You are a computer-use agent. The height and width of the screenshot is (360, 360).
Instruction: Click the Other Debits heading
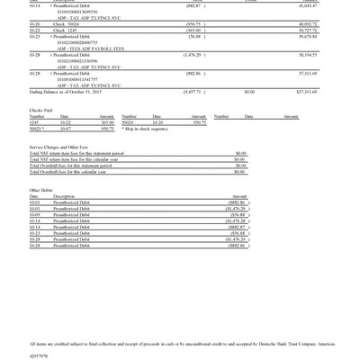pyautogui.click(x=41, y=190)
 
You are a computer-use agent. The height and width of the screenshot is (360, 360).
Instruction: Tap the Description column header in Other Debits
pyautogui.click(x=64, y=196)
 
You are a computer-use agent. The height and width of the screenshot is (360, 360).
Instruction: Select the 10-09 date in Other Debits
pyautogui.click(x=34, y=216)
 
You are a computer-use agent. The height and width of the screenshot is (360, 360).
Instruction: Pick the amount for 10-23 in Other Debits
pyautogui.click(x=237, y=233)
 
